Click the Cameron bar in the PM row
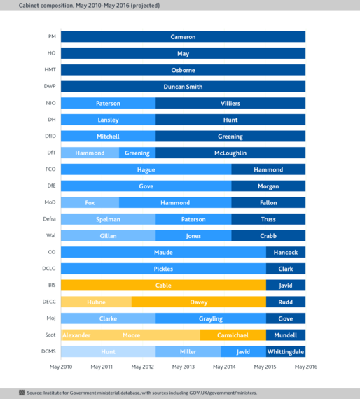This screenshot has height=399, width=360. (x=183, y=36)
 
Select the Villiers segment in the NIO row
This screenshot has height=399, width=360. (x=230, y=103)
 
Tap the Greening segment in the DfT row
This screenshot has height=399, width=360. (x=137, y=153)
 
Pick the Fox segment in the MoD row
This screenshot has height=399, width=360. (x=90, y=202)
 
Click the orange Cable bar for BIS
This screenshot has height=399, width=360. (x=163, y=286)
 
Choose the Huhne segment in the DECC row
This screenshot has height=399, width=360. (x=96, y=302)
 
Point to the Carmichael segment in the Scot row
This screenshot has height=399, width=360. (x=233, y=335)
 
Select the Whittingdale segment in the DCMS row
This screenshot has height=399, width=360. (x=286, y=351)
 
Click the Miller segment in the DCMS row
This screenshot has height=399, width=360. (x=188, y=351)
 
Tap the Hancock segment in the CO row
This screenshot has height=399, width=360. (x=286, y=252)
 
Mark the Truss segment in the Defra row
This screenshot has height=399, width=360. (x=268, y=219)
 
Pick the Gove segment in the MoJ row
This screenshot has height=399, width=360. (x=286, y=318)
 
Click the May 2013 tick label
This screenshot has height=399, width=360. (x=184, y=367)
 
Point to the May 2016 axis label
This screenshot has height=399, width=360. (x=306, y=367)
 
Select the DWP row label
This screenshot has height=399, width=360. (x=50, y=86)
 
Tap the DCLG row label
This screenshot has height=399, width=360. (x=49, y=269)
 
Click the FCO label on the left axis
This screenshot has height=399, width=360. (x=50, y=169)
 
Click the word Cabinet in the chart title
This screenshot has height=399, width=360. (x=29, y=6)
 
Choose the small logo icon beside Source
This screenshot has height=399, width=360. (x=22, y=393)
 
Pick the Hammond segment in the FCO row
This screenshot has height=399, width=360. (x=268, y=169)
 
